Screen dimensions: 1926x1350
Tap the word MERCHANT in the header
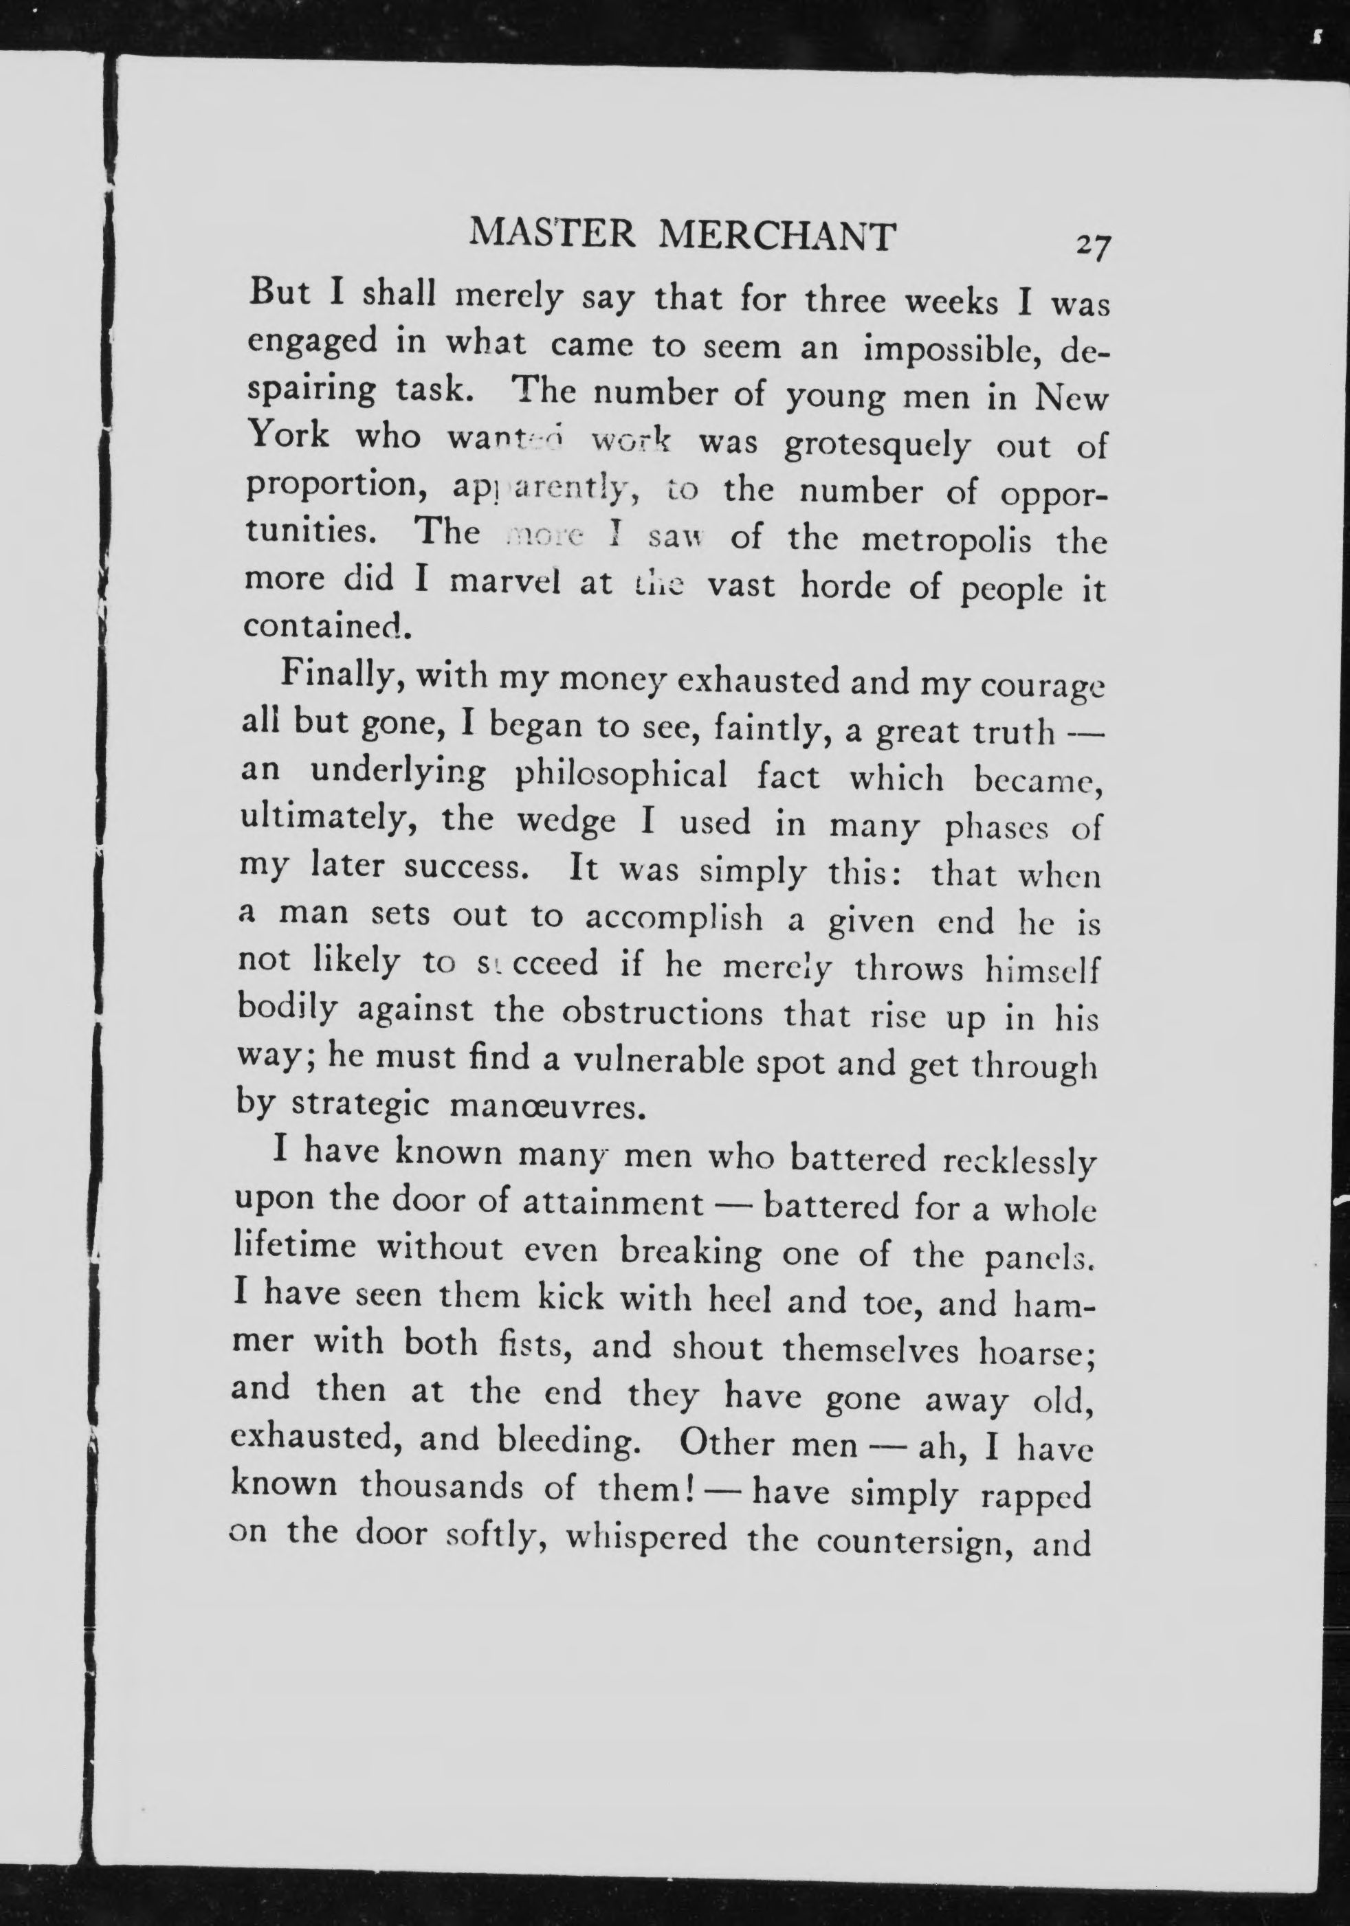click(x=776, y=236)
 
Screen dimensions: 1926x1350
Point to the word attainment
click(x=612, y=1205)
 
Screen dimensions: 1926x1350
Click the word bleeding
click(x=564, y=1444)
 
